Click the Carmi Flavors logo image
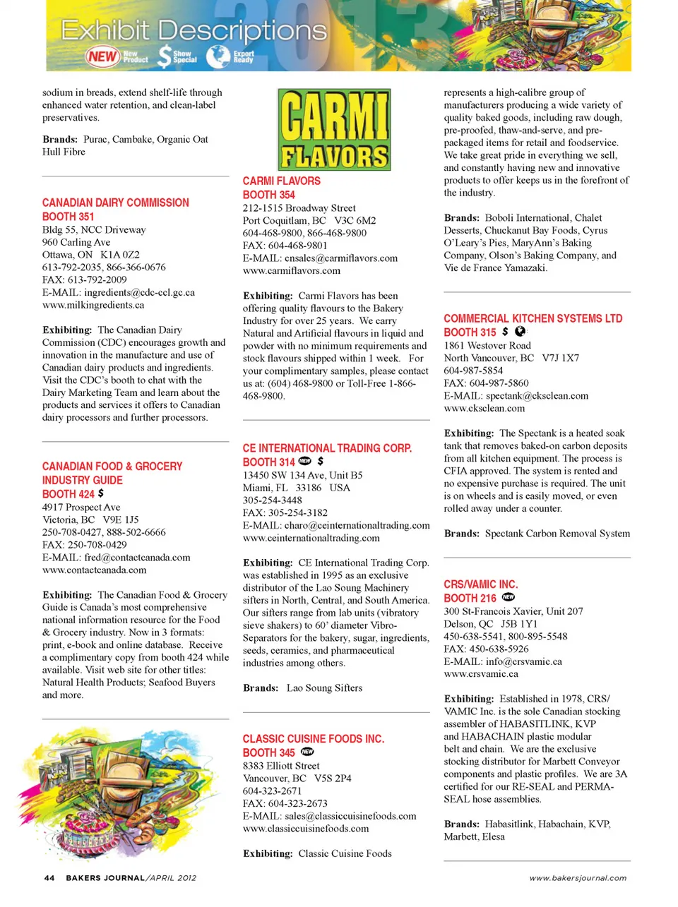point(334,129)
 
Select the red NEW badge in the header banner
point(102,56)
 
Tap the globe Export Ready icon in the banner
point(218,56)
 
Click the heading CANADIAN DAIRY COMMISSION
point(116,203)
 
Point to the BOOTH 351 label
point(68,217)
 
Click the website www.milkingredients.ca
point(93,305)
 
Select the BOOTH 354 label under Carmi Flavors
point(269,195)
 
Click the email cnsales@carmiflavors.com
point(320,258)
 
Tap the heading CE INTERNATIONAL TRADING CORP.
point(327,448)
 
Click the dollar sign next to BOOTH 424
point(101,493)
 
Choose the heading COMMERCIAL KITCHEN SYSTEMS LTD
point(533,318)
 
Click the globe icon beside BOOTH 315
point(520,331)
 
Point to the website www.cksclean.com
point(484,408)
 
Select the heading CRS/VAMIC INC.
point(481,584)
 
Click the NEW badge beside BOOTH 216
point(508,597)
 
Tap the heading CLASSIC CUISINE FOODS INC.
point(314,739)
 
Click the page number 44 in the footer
point(49,878)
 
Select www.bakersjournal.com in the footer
point(578,878)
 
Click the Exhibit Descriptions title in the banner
point(194,31)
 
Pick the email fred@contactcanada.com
point(116,558)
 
